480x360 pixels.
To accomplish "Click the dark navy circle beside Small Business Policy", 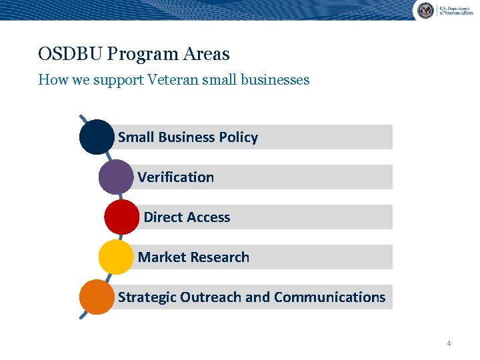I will [97, 137].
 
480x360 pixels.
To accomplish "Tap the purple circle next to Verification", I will [116, 177].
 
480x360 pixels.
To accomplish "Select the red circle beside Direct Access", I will [122, 217].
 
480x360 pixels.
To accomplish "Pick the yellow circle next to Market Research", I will [116, 257].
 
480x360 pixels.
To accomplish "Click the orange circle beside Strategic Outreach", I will [97, 297].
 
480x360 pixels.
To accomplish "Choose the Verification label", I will [176, 177].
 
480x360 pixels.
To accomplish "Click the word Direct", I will [163, 217].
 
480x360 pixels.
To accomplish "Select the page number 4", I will [449, 343].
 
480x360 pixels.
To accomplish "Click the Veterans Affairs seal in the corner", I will [425, 10].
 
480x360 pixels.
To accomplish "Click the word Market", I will [159, 257].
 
